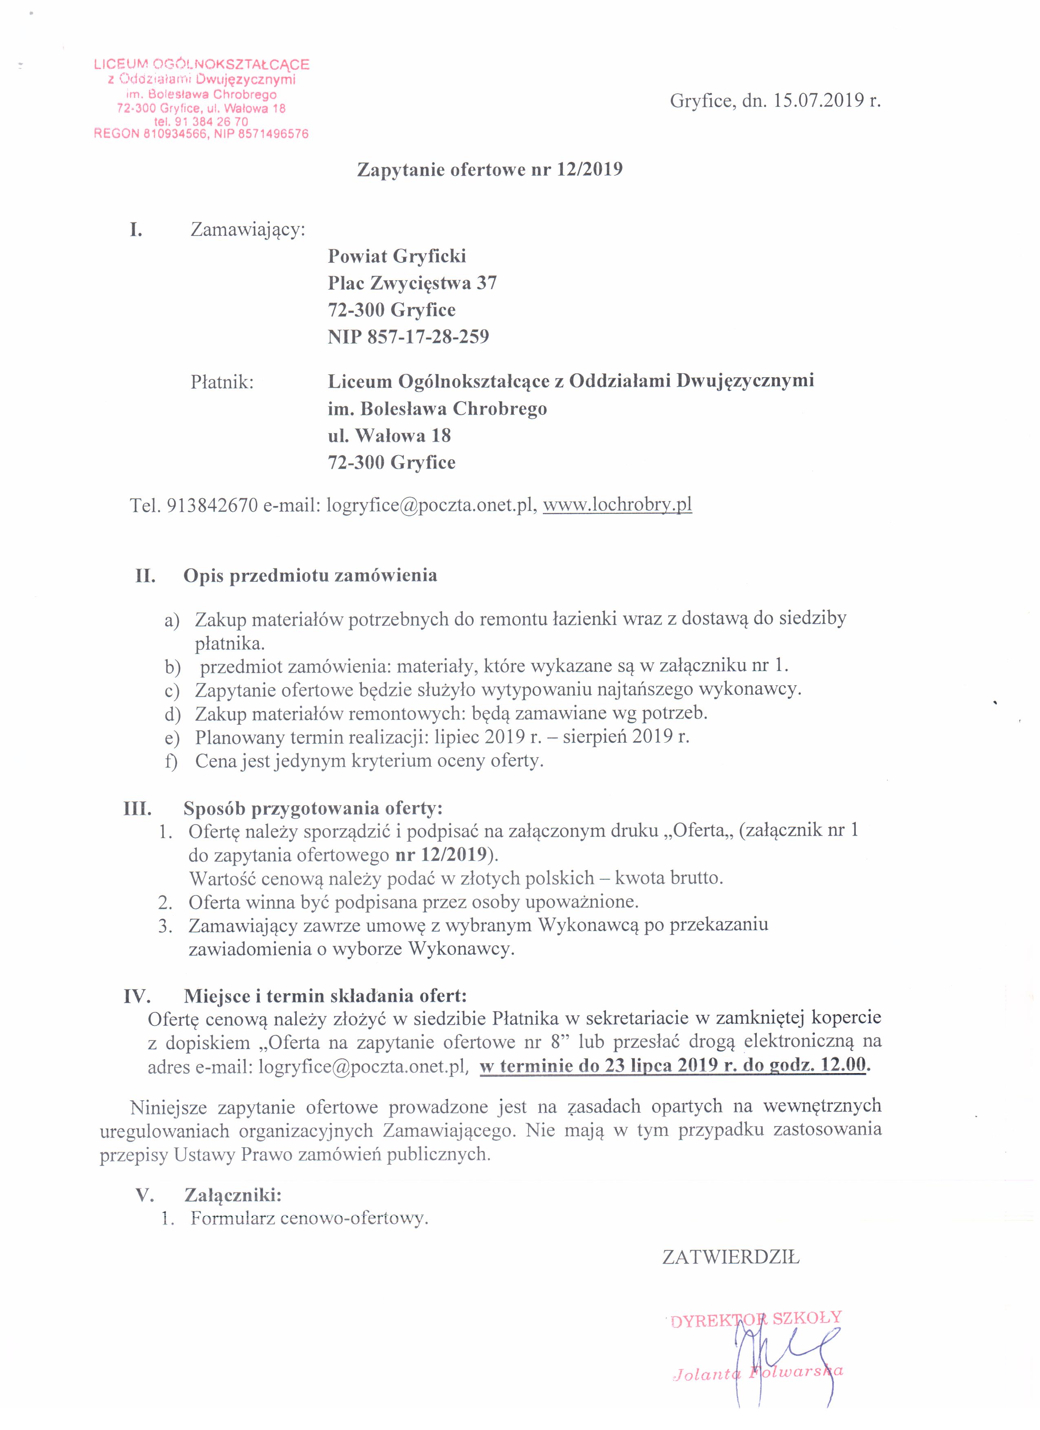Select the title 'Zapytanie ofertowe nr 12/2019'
tap(490, 169)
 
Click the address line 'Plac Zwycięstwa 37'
tap(412, 283)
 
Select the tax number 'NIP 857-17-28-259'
tap(408, 337)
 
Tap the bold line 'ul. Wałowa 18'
tap(389, 436)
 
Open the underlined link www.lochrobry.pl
tap(617, 505)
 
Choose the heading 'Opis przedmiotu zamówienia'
tap(310, 576)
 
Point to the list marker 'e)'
tap(172, 737)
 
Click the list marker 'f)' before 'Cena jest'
tap(172, 761)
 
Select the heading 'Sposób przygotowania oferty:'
tap(313, 808)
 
